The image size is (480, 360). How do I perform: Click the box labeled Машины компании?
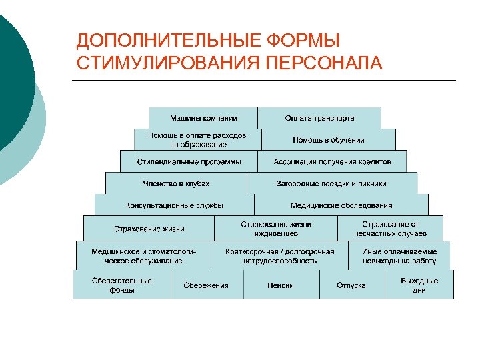[x=203, y=118]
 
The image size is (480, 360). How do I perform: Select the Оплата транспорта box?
[x=319, y=118]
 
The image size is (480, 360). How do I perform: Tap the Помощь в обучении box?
[x=328, y=139]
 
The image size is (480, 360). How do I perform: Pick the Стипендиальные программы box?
[x=189, y=161]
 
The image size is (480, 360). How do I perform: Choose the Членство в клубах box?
[x=176, y=183]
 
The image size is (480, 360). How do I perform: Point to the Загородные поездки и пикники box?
[x=331, y=183]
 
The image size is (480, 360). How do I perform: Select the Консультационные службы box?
[x=174, y=205]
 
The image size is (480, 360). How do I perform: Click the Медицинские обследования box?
[x=341, y=205]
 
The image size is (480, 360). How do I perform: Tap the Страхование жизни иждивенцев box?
[x=275, y=229]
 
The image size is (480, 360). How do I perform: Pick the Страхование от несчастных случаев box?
[x=390, y=229]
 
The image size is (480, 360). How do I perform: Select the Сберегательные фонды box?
[x=122, y=285]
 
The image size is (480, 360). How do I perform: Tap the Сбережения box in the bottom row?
[x=205, y=285]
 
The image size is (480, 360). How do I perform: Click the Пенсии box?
[x=281, y=285]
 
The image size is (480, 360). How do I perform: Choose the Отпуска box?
[x=351, y=285]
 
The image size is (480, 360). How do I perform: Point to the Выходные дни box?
[x=419, y=285]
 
